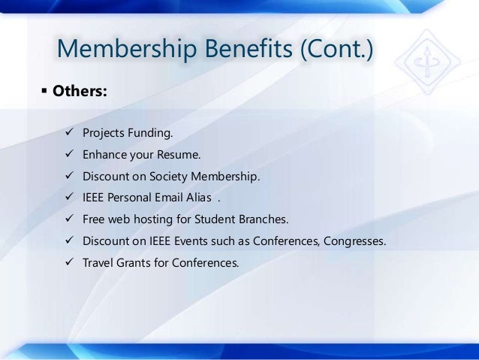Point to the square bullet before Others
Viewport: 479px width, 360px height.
43,92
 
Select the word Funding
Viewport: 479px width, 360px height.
150,134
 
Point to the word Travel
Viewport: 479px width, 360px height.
98,264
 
